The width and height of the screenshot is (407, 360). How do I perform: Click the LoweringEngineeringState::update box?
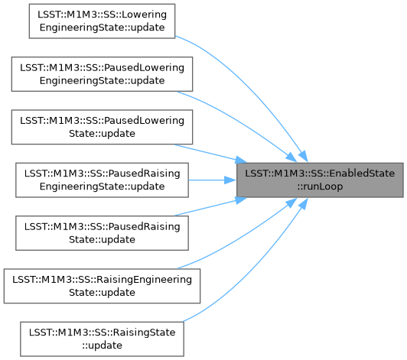click(x=102, y=21)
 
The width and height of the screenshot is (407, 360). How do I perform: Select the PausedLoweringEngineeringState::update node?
click(x=102, y=74)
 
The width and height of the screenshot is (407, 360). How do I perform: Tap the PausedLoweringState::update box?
click(x=102, y=127)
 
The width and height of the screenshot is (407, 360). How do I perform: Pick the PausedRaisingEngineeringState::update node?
click(x=102, y=180)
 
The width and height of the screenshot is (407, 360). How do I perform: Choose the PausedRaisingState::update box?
click(x=102, y=233)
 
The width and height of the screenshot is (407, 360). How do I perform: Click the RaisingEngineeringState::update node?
click(x=102, y=286)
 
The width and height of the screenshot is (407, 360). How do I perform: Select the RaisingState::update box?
click(x=102, y=339)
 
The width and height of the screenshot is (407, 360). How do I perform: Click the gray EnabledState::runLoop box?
click(x=320, y=180)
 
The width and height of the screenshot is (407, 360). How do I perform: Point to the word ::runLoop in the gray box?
click(x=320, y=186)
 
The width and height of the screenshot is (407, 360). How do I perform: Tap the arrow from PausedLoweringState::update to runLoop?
click(x=211, y=154)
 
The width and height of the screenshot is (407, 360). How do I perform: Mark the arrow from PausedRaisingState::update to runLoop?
click(x=211, y=206)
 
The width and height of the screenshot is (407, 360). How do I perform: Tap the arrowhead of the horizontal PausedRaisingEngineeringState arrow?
click(x=230, y=180)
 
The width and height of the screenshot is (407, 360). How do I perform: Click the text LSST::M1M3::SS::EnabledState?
click(x=320, y=174)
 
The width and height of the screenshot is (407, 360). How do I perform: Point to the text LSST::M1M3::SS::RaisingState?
click(x=102, y=332)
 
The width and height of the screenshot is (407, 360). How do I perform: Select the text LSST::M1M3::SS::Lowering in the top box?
click(x=102, y=15)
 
